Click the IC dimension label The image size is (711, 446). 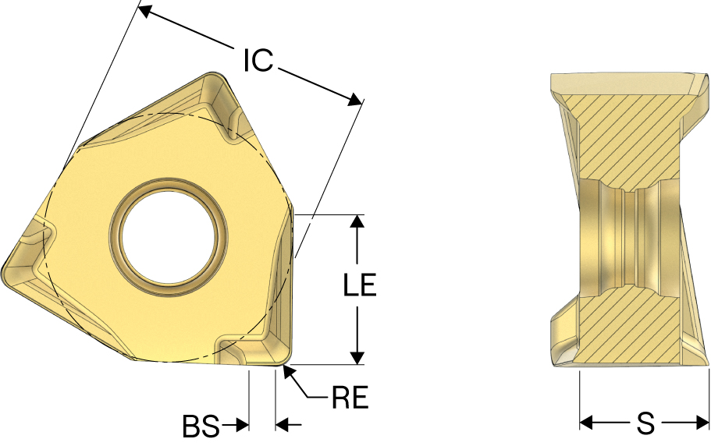(258, 60)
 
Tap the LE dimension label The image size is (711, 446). (360, 285)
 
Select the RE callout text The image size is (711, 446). (350, 397)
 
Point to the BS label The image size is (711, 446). (201, 426)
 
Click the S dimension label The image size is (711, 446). (645, 423)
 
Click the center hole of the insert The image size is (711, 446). (169, 238)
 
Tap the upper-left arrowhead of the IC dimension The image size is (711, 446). (144, 10)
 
